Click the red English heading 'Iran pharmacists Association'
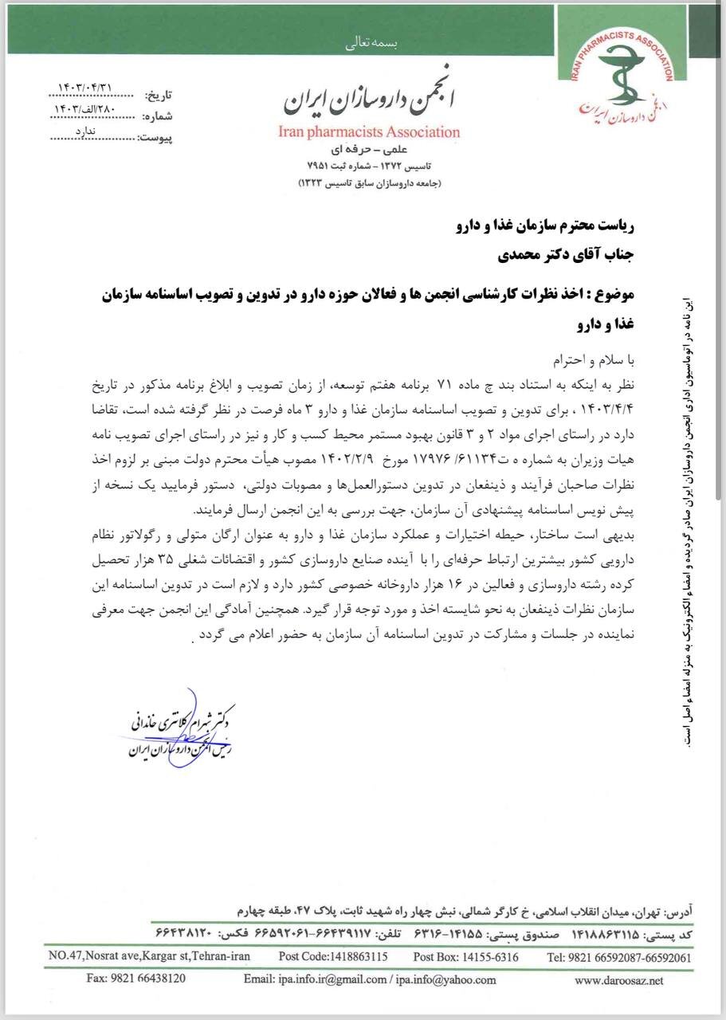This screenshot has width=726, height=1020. pyautogui.click(x=370, y=132)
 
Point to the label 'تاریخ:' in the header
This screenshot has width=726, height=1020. pyautogui.click(x=157, y=96)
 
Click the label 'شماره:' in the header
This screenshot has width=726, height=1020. pyautogui.click(x=157, y=116)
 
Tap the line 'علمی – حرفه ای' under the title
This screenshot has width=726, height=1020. pyautogui.click(x=370, y=149)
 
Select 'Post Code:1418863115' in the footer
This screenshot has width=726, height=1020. pyautogui.click(x=333, y=956)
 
